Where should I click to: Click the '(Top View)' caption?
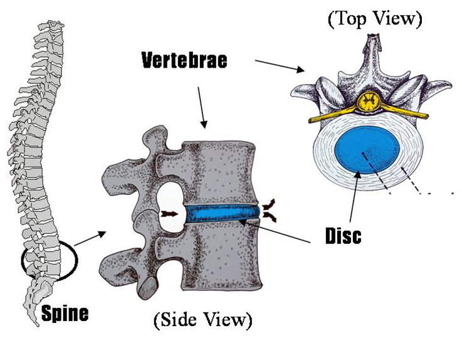(x=374, y=18)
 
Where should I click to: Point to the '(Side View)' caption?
(x=202, y=321)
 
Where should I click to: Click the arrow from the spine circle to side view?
(x=89, y=238)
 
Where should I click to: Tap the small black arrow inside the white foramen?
(x=169, y=214)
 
